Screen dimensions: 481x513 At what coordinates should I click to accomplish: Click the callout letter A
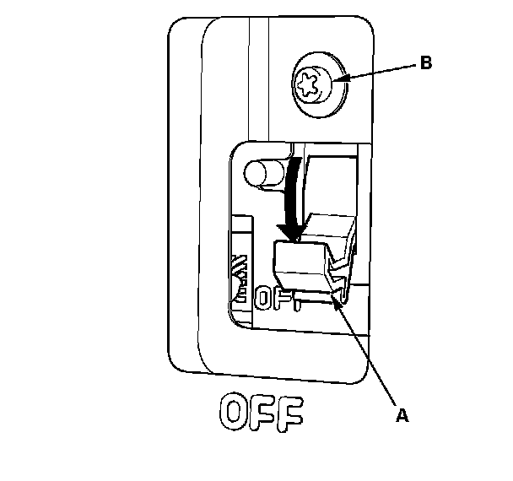(402, 414)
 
